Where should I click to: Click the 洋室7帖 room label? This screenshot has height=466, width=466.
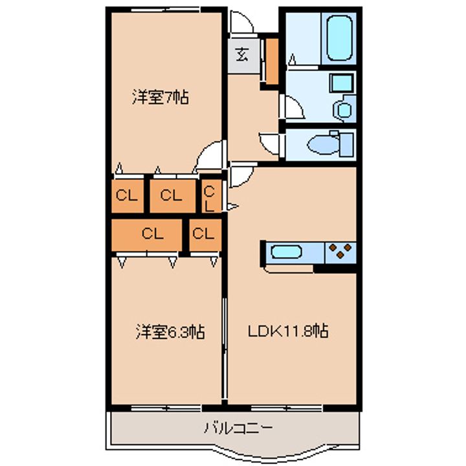click(x=161, y=97)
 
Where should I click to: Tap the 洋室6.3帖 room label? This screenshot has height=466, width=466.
click(x=170, y=331)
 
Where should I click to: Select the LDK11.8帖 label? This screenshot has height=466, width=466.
click(x=288, y=331)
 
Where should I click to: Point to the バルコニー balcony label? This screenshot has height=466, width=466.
click(x=238, y=428)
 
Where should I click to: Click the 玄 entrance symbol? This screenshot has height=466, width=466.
click(x=242, y=54)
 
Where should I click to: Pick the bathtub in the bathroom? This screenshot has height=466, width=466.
click(x=339, y=38)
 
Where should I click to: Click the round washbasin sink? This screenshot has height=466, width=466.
click(x=344, y=110)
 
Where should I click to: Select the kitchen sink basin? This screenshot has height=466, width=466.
click(x=287, y=252)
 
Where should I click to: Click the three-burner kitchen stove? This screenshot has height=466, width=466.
click(x=340, y=252)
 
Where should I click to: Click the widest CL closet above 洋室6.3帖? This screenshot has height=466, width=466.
click(x=146, y=235)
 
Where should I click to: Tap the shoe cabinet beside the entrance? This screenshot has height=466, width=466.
click(x=272, y=61)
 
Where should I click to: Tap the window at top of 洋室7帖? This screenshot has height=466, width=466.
click(x=165, y=10)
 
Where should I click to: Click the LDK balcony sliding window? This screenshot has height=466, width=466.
click(x=287, y=408)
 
